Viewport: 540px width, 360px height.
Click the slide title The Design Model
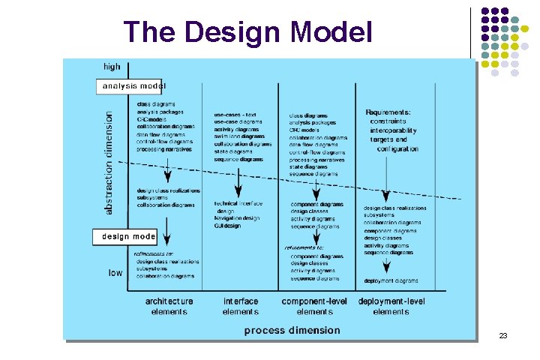(x=247, y=31)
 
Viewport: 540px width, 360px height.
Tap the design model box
(x=127, y=236)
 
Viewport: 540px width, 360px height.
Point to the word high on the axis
(x=111, y=67)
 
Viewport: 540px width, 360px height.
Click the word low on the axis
(x=115, y=273)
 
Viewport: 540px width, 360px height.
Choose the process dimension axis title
(x=292, y=330)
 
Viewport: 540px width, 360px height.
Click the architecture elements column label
(x=169, y=306)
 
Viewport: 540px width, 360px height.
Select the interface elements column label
(x=240, y=306)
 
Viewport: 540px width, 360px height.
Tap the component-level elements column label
(x=314, y=306)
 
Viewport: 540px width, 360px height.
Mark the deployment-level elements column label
(x=391, y=306)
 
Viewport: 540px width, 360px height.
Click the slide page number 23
(x=503, y=335)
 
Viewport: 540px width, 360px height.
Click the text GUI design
(x=227, y=226)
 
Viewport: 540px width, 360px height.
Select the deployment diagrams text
(x=391, y=280)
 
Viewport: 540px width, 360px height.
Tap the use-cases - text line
(x=235, y=115)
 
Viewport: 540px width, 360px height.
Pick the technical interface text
(x=237, y=204)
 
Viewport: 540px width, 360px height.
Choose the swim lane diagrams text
(x=239, y=136)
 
